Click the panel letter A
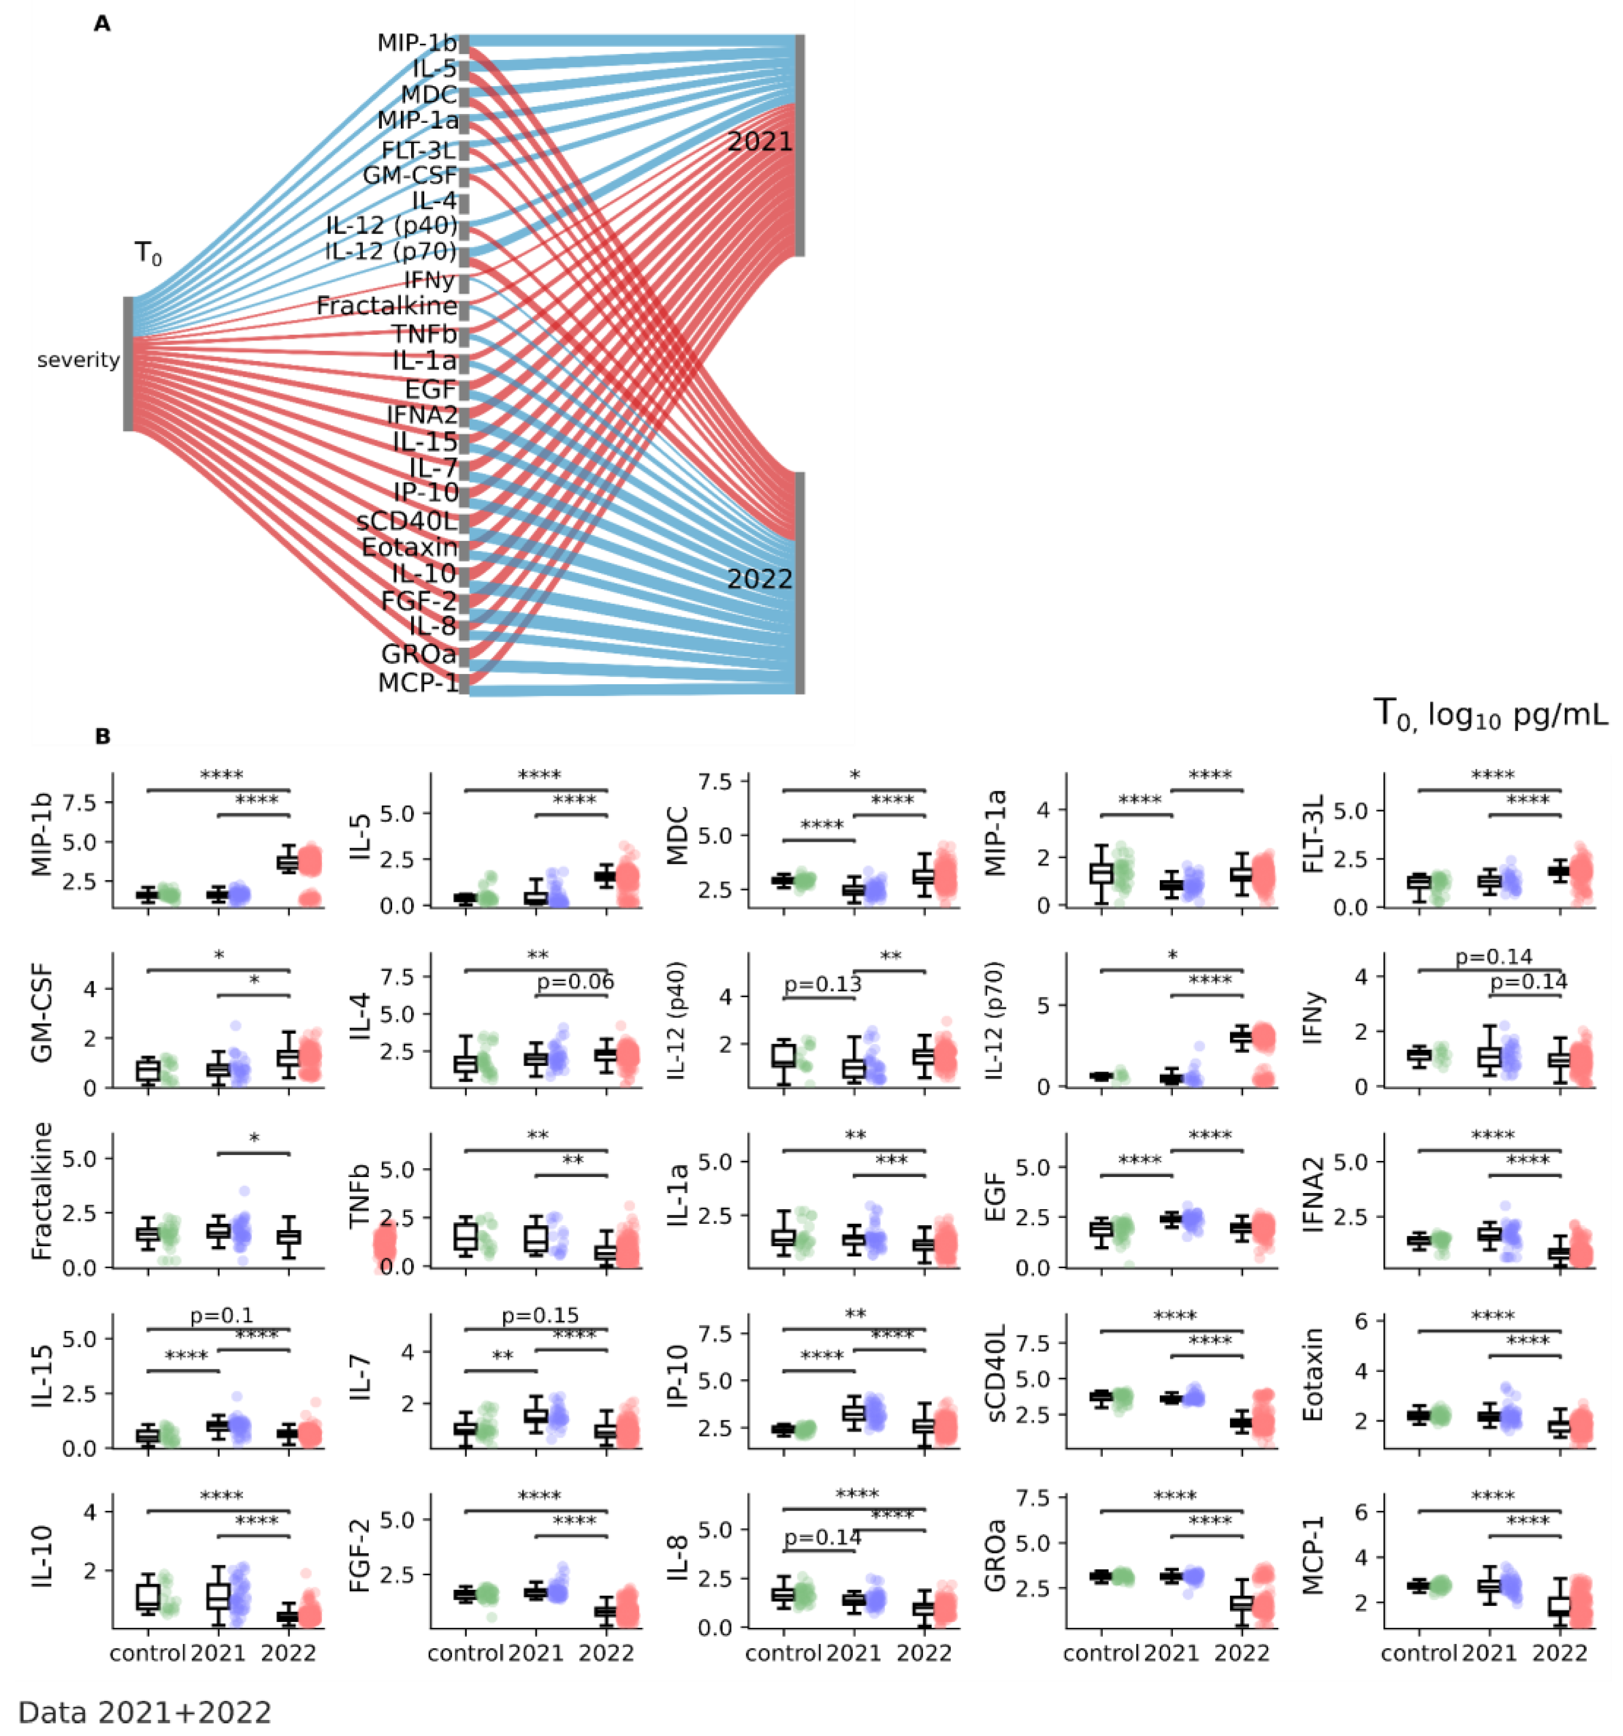tap(102, 24)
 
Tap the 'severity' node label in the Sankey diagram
tap(78, 360)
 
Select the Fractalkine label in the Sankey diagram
tap(386, 306)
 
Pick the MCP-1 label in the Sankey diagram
tap(417, 682)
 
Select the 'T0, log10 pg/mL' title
tap(1490, 714)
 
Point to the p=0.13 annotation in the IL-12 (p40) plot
tap(822, 984)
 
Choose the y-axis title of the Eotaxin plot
tap(1313, 1375)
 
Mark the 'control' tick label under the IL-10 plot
tap(147, 1652)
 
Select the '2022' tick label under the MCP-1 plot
tap(1559, 1652)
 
